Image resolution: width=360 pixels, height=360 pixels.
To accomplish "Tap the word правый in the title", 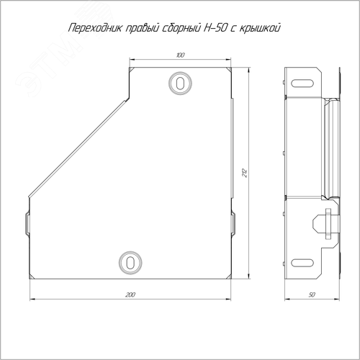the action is click(140, 29).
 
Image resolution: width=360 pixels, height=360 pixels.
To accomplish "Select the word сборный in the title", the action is click(179, 28).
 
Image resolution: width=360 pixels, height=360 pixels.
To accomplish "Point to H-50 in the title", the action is click(215, 28).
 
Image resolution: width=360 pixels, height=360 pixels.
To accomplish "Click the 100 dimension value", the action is click(180, 55).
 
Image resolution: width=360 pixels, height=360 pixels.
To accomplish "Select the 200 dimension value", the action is click(130, 294).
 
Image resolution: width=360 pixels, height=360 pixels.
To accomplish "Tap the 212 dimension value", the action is click(245, 173).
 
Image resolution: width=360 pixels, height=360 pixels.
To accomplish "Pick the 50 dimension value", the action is click(312, 294).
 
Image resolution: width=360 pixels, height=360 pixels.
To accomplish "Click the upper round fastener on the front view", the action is click(180, 83).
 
